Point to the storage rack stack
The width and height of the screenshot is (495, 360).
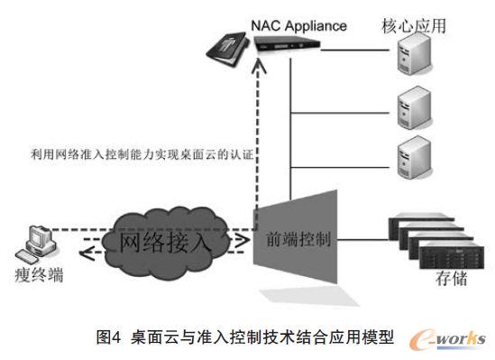tap(424, 242)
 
